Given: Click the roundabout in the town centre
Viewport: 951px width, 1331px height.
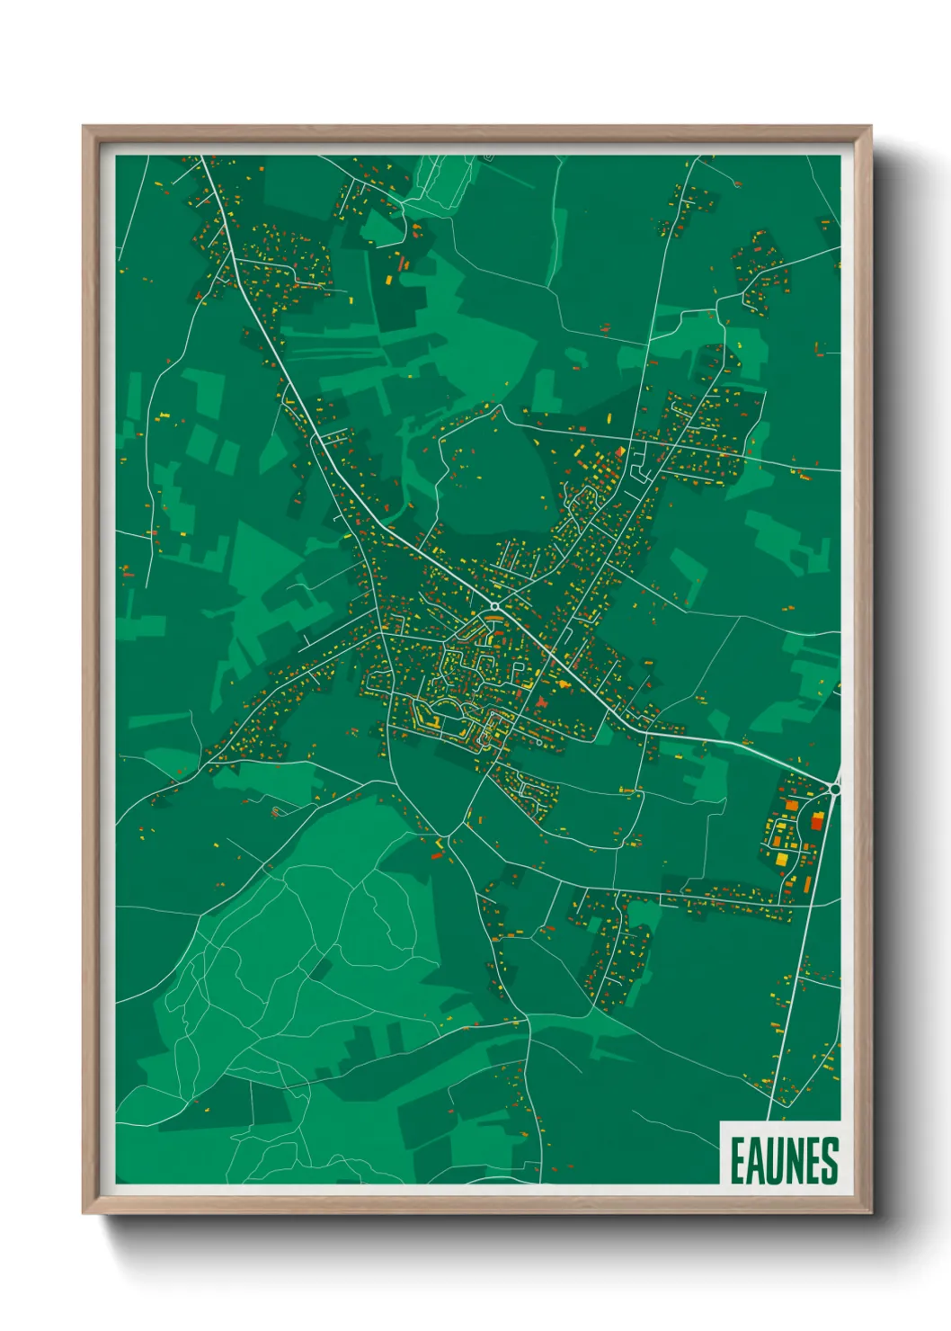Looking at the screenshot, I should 494,607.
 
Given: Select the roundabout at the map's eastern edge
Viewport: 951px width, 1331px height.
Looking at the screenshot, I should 835,789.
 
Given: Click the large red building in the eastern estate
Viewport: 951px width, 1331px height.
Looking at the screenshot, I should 817,820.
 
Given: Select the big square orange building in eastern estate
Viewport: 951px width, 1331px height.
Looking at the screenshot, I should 792,806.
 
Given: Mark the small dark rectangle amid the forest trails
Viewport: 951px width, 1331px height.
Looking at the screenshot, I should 318,969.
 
